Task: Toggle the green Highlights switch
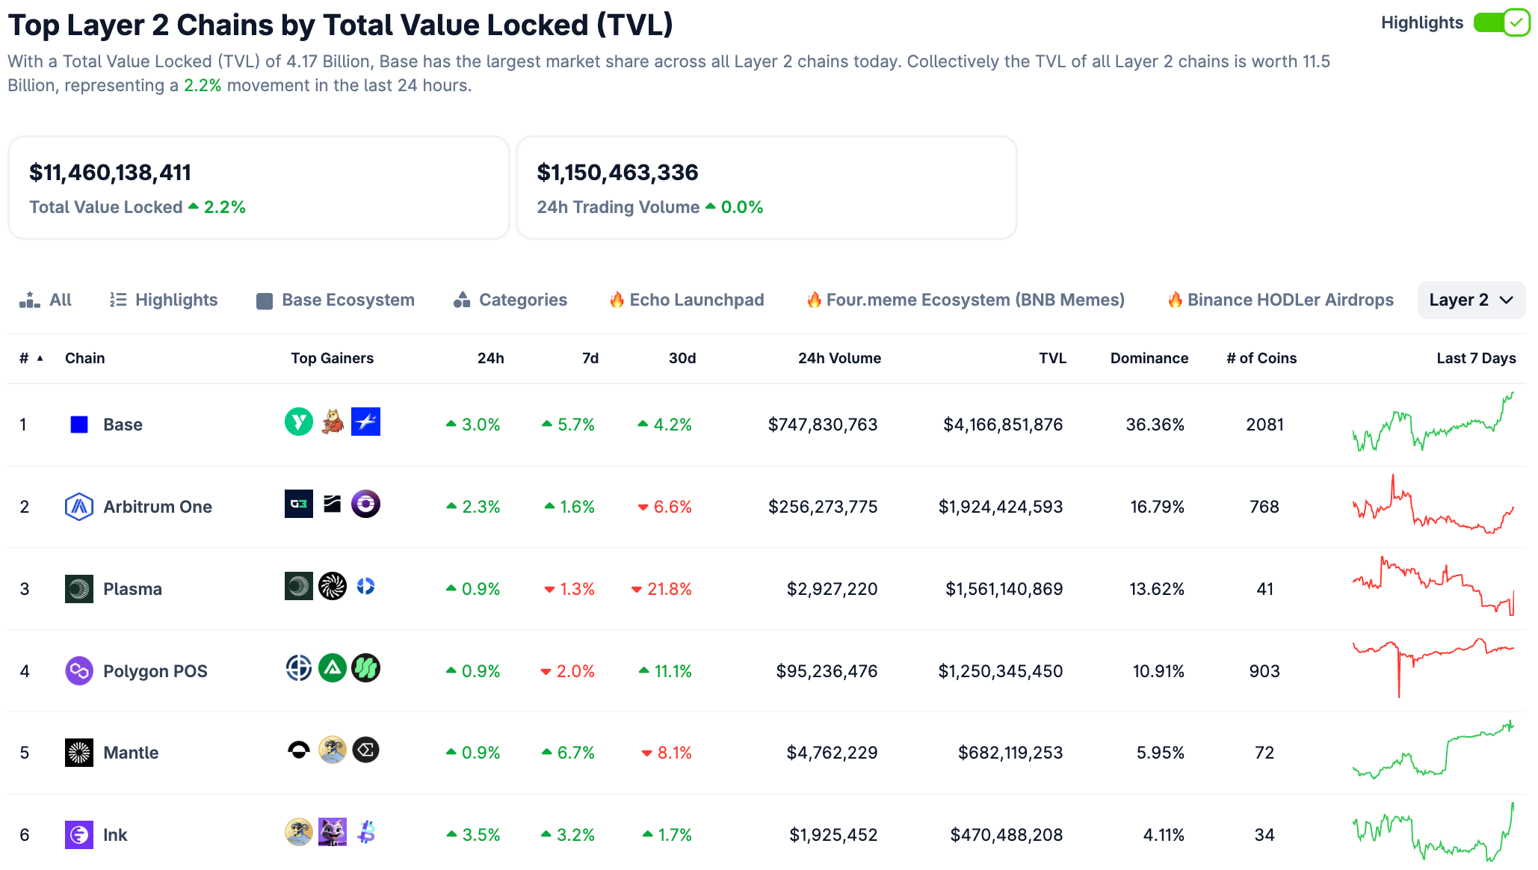pyautogui.click(x=1501, y=22)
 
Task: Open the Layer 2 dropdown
pyautogui.click(x=1470, y=300)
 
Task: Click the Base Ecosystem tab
pyautogui.click(x=336, y=300)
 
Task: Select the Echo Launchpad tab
pyautogui.click(x=687, y=300)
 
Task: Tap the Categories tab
pyautogui.click(x=510, y=300)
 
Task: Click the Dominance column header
pyautogui.click(x=1149, y=358)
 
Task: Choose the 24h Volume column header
pyautogui.click(x=839, y=358)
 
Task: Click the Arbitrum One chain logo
pyautogui.click(x=79, y=507)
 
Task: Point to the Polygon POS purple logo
pyautogui.click(x=79, y=671)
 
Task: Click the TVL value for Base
pyautogui.click(x=1003, y=425)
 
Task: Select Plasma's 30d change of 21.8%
pyautogui.click(x=662, y=589)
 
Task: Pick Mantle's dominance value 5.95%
pyautogui.click(x=1160, y=753)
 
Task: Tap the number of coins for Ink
pyautogui.click(x=1264, y=835)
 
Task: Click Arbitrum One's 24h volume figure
pyautogui.click(x=823, y=507)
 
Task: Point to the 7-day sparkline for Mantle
pyautogui.click(x=1433, y=751)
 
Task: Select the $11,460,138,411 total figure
pyautogui.click(x=111, y=173)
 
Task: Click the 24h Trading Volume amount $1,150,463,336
pyautogui.click(x=617, y=173)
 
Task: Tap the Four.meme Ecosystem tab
pyautogui.click(x=966, y=300)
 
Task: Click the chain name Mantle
pyautogui.click(x=131, y=753)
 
